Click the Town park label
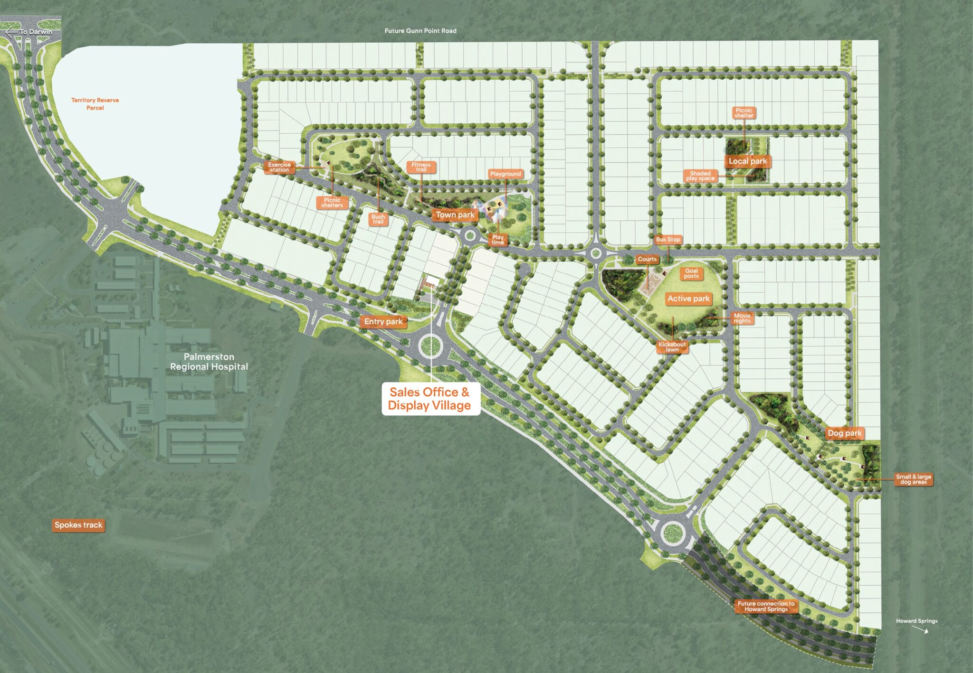[x=455, y=215]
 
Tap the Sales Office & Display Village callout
[x=430, y=399]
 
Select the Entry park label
[x=383, y=322]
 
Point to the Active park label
[x=688, y=299]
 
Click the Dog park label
[x=844, y=433]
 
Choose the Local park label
[x=747, y=161]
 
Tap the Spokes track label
[x=78, y=525]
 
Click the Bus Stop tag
[x=668, y=240]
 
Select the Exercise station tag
[x=279, y=167]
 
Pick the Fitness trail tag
[x=421, y=167]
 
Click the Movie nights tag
[x=742, y=318]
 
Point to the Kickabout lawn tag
[x=672, y=347]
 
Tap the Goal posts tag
[x=691, y=273]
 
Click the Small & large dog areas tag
[x=913, y=479]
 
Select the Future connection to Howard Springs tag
[x=766, y=607]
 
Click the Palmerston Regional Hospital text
[x=209, y=362]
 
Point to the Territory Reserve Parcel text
[x=95, y=104]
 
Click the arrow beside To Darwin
[x=11, y=32]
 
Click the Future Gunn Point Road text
[x=420, y=31]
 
